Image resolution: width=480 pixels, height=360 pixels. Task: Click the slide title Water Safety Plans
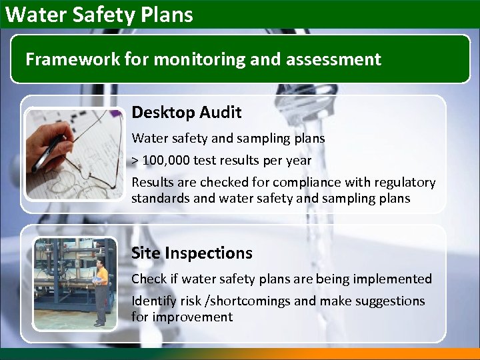[99, 14]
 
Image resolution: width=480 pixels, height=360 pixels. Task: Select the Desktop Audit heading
[186, 113]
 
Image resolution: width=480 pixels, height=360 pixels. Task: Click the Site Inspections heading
[191, 253]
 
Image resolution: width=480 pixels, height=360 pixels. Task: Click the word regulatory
[401, 182]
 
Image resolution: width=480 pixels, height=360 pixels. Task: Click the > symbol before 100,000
[135, 161]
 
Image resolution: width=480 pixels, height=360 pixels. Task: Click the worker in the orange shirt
[100, 290]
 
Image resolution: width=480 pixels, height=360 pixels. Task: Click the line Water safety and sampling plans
[228, 139]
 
